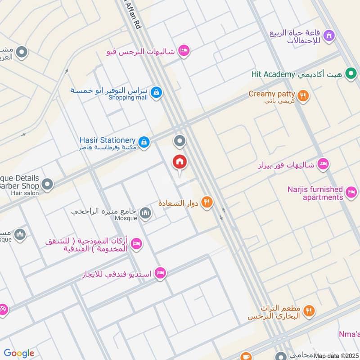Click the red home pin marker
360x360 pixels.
(180, 162)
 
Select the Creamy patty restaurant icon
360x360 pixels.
(303, 95)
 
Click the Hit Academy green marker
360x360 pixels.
(351, 74)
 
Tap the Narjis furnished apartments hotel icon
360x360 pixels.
(351, 193)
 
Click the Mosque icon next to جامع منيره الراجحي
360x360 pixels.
(145, 213)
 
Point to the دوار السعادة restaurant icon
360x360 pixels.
(207, 202)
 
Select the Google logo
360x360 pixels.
(19, 353)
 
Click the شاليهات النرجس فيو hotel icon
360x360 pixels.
(183, 51)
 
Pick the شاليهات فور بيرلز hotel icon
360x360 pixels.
(323, 164)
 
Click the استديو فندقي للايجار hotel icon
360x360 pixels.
(160, 273)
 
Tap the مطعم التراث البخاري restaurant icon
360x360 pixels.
(308, 310)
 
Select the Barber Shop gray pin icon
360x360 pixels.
(47, 184)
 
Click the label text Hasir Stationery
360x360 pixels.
(107, 140)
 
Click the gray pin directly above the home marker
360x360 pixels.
(180, 141)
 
